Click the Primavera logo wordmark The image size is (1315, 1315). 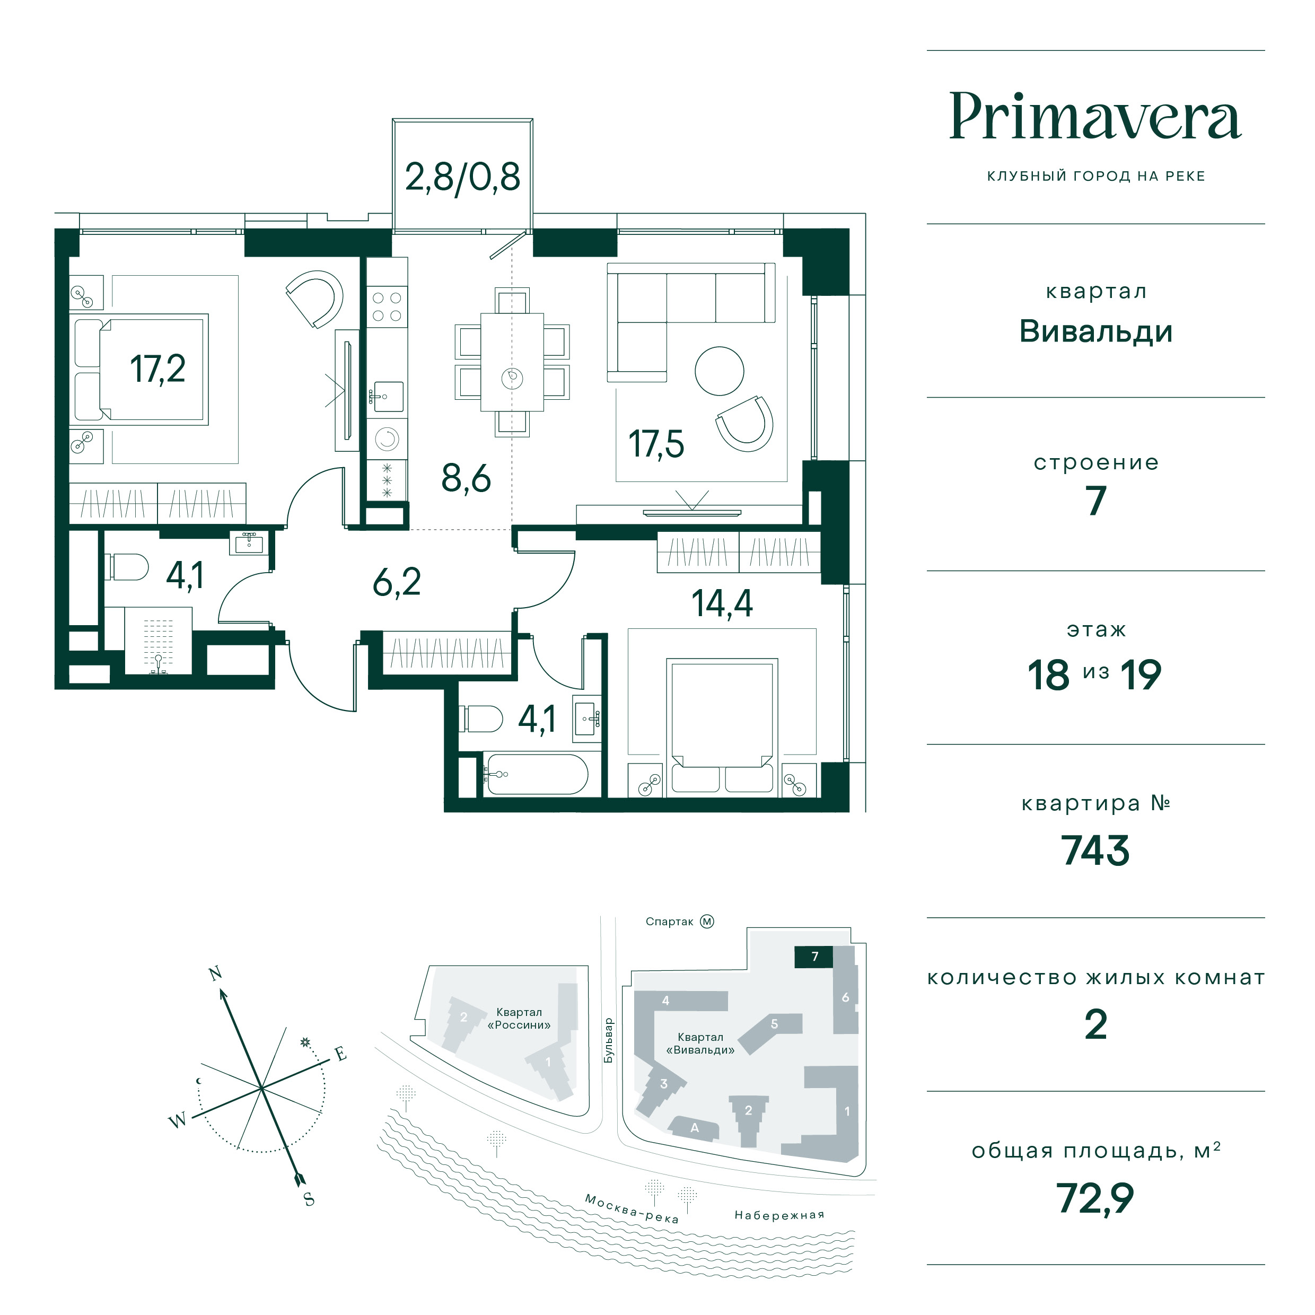click(1095, 117)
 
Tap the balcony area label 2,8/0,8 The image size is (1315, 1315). click(462, 177)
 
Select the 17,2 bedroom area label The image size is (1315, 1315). click(157, 369)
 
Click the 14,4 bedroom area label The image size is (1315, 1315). click(722, 603)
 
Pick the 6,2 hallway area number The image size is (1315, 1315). click(397, 583)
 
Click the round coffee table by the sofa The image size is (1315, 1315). click(719, 371)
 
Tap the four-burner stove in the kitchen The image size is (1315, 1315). click(387, 306)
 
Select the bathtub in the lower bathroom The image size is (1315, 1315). click(536, 774)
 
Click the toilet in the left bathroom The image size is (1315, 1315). click(127, 566)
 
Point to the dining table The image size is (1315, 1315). click(512, 362)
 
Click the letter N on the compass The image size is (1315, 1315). click(216, 974)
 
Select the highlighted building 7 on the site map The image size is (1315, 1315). click(815, 957)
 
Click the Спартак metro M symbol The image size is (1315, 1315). click(707, 922)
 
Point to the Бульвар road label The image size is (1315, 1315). click(609, 1041)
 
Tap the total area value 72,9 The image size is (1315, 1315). click(1095, 1198)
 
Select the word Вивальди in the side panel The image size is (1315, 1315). click(1095, 332)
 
